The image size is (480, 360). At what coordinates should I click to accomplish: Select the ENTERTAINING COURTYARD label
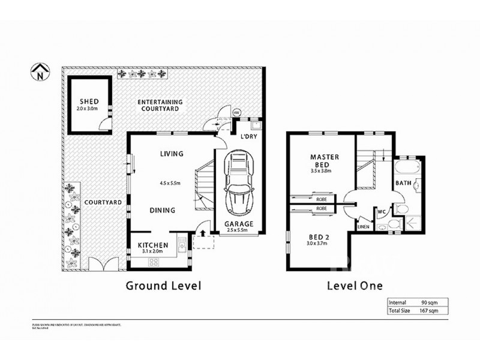click(x=160, y=106)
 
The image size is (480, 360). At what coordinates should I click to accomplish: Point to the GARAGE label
click(x=239, y=224)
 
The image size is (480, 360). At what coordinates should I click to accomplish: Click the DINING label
click(x=162, y=210)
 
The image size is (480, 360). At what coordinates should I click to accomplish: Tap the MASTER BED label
click(x=325, y=161)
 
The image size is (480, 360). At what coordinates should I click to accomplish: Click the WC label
click(x=381, y=211)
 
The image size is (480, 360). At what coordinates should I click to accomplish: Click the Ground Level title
click(x=163, y=286)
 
